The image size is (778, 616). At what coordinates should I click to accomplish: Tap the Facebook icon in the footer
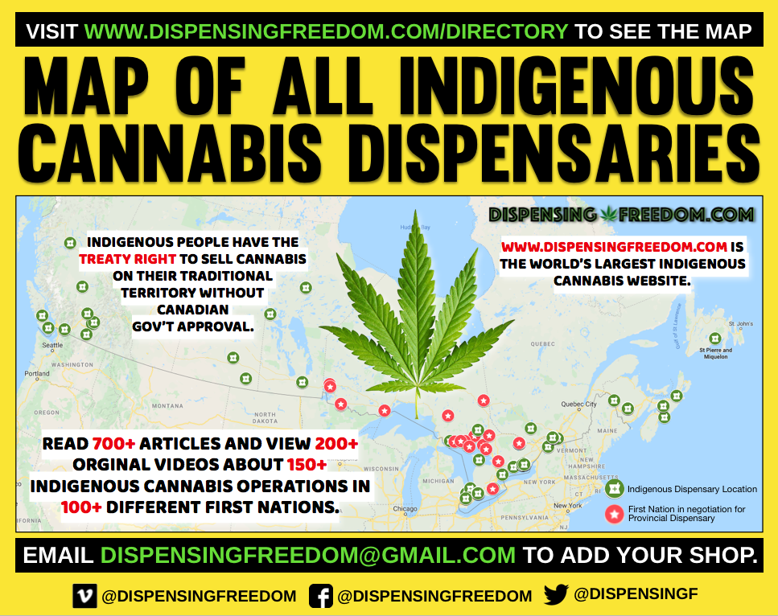pos(321,596)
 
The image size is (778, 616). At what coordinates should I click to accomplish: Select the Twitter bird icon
pos(557,595)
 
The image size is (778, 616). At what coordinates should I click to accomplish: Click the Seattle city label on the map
pos(52,345)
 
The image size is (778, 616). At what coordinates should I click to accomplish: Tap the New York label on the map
pos(567,505)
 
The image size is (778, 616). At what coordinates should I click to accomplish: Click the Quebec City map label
pos(578,404)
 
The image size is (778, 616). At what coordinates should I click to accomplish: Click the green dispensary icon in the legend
pos(615,488)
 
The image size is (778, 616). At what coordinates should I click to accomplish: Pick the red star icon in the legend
pos(615,513)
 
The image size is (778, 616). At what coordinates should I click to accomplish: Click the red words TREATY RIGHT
pos(124,259)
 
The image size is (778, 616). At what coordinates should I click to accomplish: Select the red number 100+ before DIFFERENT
pos(80,507)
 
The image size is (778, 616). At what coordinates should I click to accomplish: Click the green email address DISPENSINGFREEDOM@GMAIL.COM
pos(307,555)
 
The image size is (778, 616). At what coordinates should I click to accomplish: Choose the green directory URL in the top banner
pos(326,32)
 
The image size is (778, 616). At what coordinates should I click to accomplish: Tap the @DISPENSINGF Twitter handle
pos(636,595)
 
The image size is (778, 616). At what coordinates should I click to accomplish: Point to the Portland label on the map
pos(37,374)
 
